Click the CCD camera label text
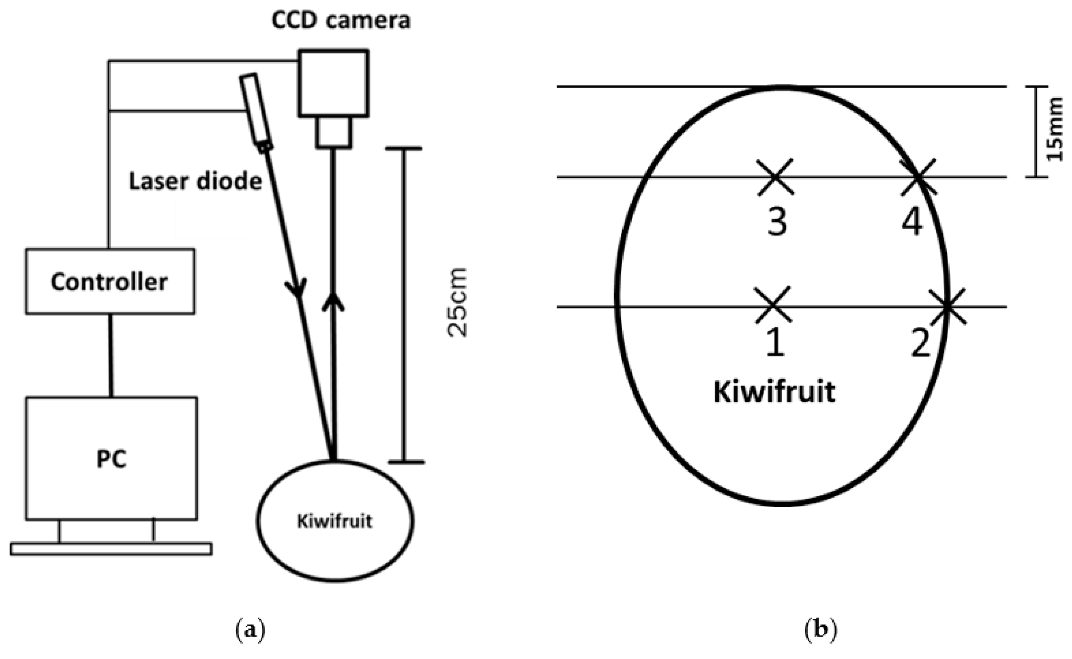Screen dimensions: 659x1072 coord(340,20)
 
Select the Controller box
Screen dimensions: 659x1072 coord(110,282)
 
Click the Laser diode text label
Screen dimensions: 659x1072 coord(196,181)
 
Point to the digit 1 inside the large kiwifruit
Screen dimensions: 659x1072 coord(775,343)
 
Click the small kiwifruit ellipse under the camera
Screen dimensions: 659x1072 coord(334,521)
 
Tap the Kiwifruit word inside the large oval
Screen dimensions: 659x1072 coord(774,392)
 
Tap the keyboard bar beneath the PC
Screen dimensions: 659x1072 coord(111,549)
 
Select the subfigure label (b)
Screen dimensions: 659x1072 coord(821,630)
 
